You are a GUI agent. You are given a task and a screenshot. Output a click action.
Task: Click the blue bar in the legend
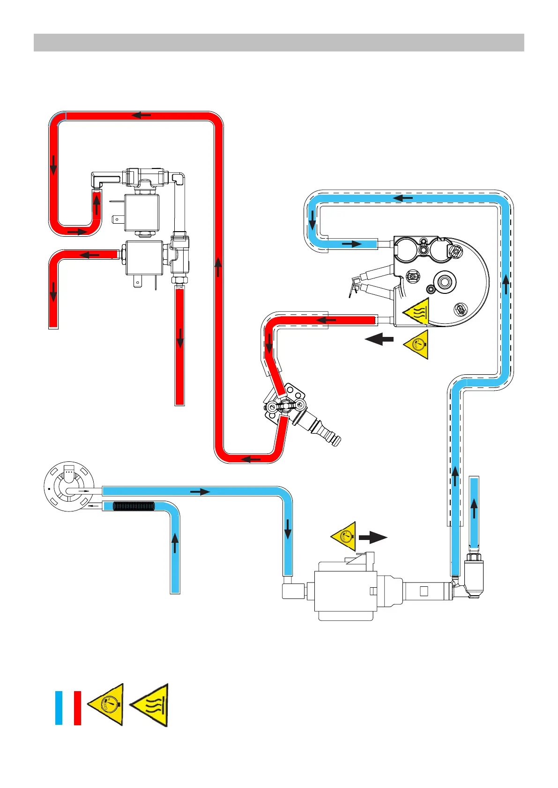click(x=59, y=708)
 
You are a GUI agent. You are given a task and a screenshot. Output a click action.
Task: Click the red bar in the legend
click(x=78, y=708)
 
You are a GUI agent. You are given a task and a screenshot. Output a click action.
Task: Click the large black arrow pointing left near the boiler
click(x=379, y=339)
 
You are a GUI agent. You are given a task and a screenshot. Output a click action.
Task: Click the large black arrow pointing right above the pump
click(x=372, y=537)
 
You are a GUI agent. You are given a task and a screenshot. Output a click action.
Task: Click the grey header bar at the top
click(x=279, y=42)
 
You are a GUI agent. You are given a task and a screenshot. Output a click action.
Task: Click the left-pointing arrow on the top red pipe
click(x=141, y=115)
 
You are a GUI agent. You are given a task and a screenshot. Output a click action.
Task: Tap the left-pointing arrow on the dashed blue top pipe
click(x=403, y=198)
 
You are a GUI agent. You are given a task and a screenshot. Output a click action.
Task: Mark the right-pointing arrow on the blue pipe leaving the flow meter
click(x=200, y=491)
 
